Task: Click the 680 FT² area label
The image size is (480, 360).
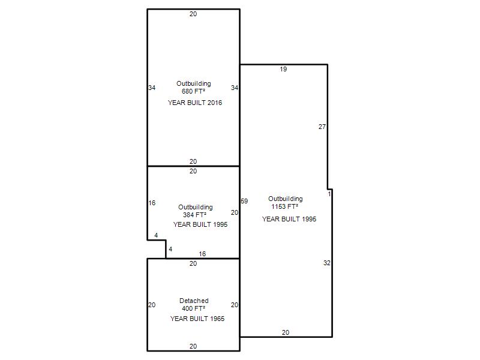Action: pyautogui.click(x=193, y=91)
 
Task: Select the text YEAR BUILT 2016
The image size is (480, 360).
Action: pyautogui.click(x=195, y=103)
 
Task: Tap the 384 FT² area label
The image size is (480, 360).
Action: pyautogui.click(x=194, y=215)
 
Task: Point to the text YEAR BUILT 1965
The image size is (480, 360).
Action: pyautogui.click(x=197, y=319)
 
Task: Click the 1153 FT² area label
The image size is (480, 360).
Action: pyautogui.click(x=284, y=206)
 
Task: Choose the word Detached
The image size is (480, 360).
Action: pyautogui.click(x=194, y=301)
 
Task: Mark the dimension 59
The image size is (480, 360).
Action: pyautogui.click(x=244, y=201)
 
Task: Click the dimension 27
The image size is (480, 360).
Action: pyautogui.click(x=322, y=127)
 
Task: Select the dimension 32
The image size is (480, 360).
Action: pyautogui.click(x=327, y=263)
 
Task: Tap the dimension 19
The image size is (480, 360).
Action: pyautogui.click(x=283, y=69)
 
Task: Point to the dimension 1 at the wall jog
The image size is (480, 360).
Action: pyautogui.click(x=329, y=194)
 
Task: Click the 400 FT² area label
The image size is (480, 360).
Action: pyautogui.click(x=193, y=308)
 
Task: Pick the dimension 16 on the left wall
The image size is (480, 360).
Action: pyautogui.click(x=152, y=203)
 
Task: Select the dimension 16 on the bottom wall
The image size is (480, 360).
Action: pyautogui.click(x=202, y=254)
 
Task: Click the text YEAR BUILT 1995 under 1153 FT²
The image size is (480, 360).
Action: pyautogui.click(x=289, y=219)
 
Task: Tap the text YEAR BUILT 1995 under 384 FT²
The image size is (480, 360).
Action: pyautogui.click(x=200, y=224)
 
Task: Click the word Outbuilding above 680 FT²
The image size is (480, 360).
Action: pyautogui.click(x=194, y=83)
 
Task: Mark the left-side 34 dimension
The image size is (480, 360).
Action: pyautogui.click(x=152, y=88)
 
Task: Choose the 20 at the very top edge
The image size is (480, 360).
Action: pyautogui.click(x=193, y=14)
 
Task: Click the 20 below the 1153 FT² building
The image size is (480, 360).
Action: pyautogui.click(x=286, y=332)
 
